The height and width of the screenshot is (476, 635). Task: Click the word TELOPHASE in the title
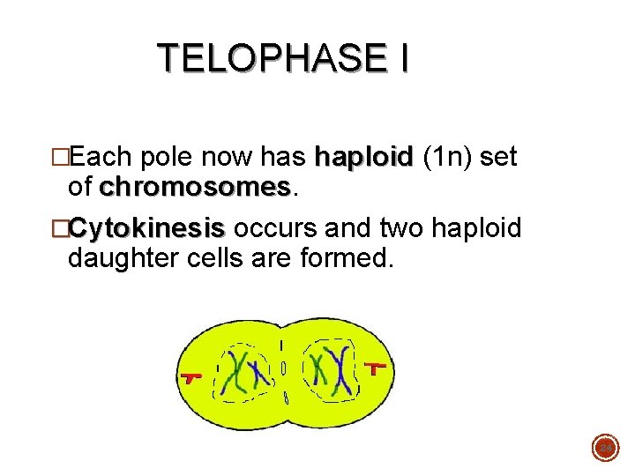(x=269, y=58)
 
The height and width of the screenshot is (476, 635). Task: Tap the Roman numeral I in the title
(x=403, y=58)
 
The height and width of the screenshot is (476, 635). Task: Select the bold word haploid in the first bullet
(x=363, y=159)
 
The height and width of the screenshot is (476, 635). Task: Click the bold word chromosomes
(x=194, y=188)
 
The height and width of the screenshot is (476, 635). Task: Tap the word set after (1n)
(x=499, y=159)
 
